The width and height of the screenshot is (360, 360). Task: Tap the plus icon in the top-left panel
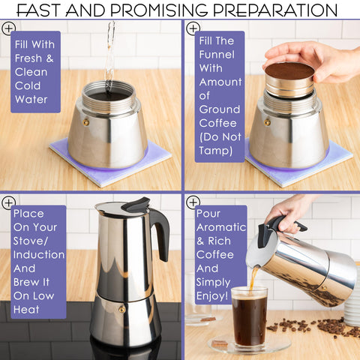pos(8,28)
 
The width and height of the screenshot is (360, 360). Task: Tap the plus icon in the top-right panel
pos(193,28)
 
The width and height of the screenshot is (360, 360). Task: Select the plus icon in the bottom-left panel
pos(8,202)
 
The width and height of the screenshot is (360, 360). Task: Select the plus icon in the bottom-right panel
pos(193,202)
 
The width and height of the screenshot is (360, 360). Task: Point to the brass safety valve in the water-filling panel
pos(85,121)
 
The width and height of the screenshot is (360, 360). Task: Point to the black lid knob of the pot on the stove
pos(136,203)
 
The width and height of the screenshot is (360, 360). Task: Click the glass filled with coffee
pos(248,319)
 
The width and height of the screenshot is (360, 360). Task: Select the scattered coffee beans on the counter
pos(307,327)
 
